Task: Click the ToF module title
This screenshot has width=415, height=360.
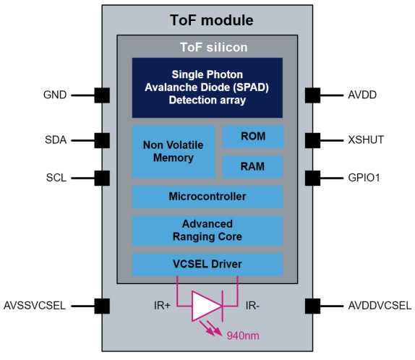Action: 207,20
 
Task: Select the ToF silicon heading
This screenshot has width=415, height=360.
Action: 207,48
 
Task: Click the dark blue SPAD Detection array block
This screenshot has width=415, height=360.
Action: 207,87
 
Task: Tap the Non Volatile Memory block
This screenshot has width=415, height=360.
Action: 174,151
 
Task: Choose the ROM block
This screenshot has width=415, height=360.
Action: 252,137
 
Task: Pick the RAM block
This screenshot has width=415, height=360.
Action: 252,166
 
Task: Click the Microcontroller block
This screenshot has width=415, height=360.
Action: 207,197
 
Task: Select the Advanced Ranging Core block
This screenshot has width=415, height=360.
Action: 207,230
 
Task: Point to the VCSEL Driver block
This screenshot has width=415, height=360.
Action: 207,264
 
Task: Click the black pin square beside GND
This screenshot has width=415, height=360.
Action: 102,95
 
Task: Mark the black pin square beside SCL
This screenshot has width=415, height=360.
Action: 102,177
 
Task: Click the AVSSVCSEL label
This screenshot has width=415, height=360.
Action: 35,305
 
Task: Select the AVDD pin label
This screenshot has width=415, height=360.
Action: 362,95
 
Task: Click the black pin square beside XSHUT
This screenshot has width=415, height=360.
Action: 312,140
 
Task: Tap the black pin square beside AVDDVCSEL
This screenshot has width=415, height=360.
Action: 312,305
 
